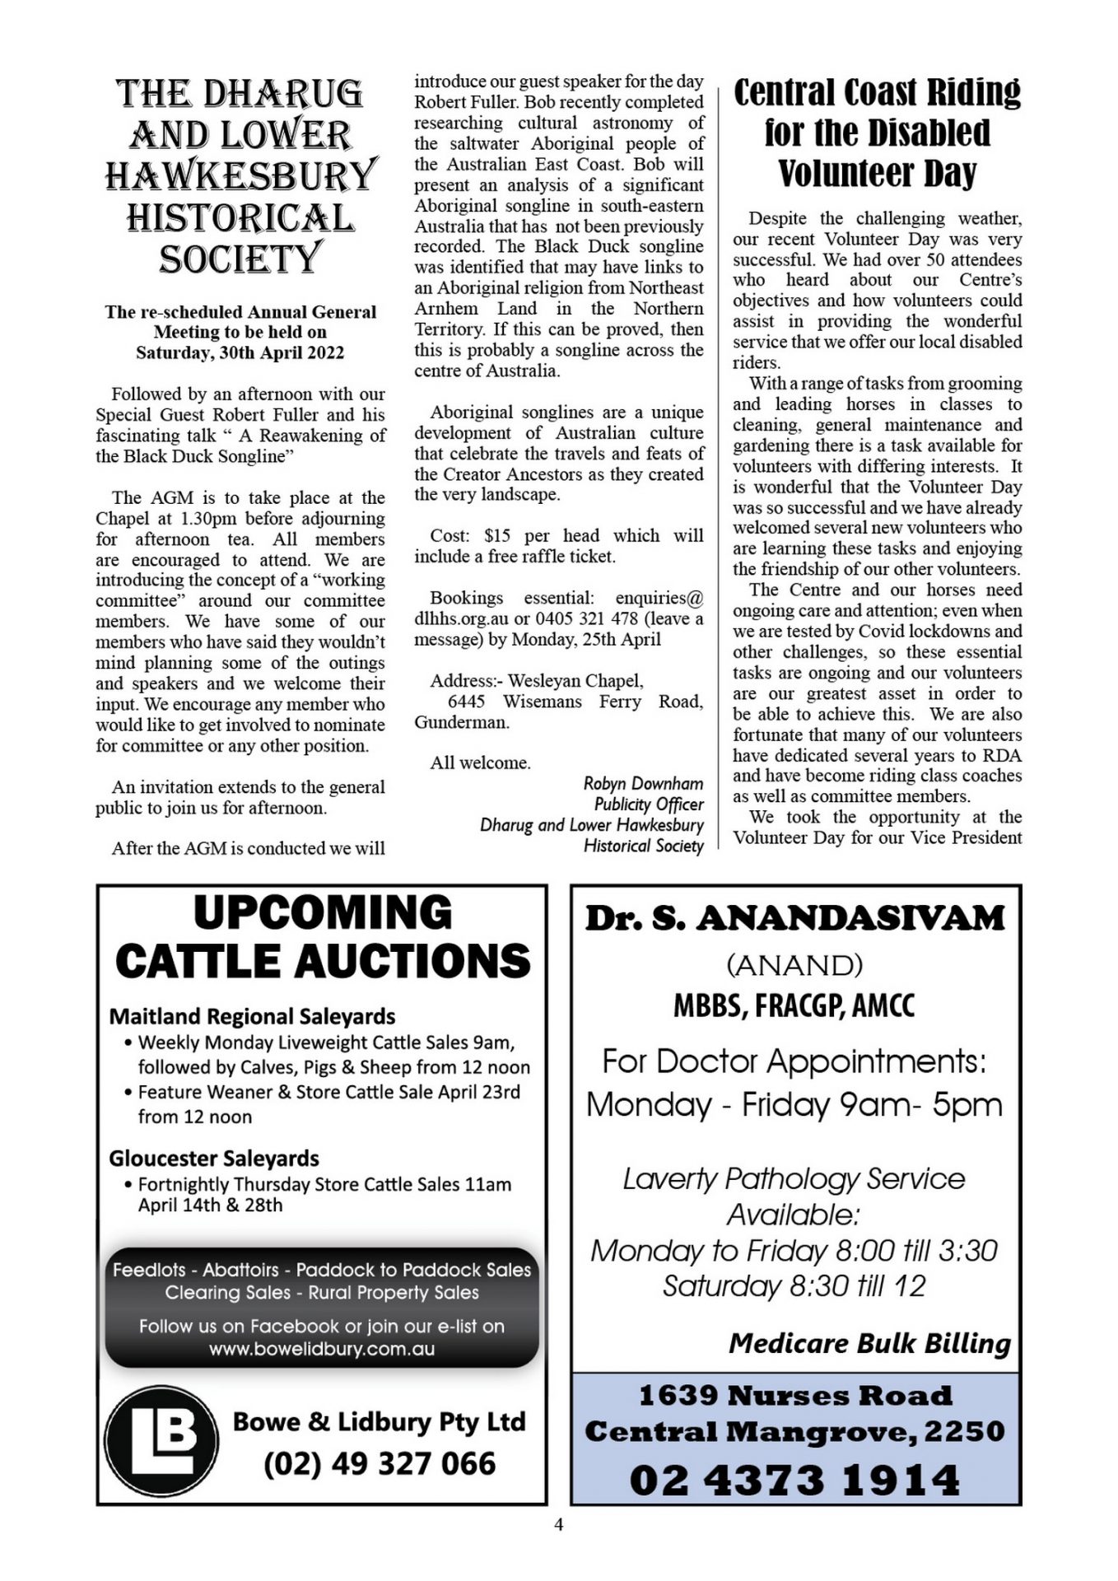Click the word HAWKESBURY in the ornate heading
coord(240,175)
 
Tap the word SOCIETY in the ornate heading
coord(239,259)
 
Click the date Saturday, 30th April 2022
coord(240,352)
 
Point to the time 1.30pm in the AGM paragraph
coord(208,518)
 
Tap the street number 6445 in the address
coord(466,702)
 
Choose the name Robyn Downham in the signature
coord(643,783)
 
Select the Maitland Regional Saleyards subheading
coord(252,1016)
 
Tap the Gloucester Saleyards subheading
coord(213,1158)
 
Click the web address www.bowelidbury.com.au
coord(321,1349)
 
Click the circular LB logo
coord(161,1441)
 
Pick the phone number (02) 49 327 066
coord(380,1463)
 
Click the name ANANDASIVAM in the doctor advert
coord(850,918)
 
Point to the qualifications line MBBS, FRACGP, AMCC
coord(794,1005)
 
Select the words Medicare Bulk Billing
coord(869,1343)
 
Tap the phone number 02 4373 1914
coord(794,1480)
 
